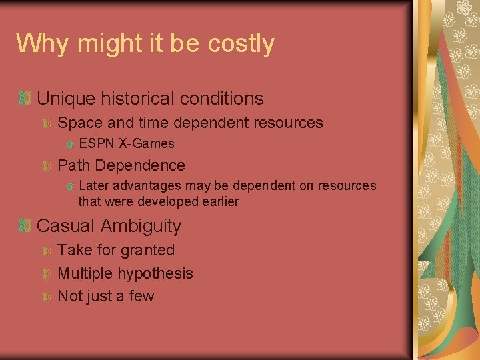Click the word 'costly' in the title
point(241,44)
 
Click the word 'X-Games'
point(147,143)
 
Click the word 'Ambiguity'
point(141,226)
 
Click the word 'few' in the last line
point(141,296)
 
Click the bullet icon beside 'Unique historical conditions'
point(25,99)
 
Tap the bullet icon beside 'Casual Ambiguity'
point(25,226)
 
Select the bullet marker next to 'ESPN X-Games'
point(68,144)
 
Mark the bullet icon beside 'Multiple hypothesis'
point(47,274)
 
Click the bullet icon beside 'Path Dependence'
point(47,165)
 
